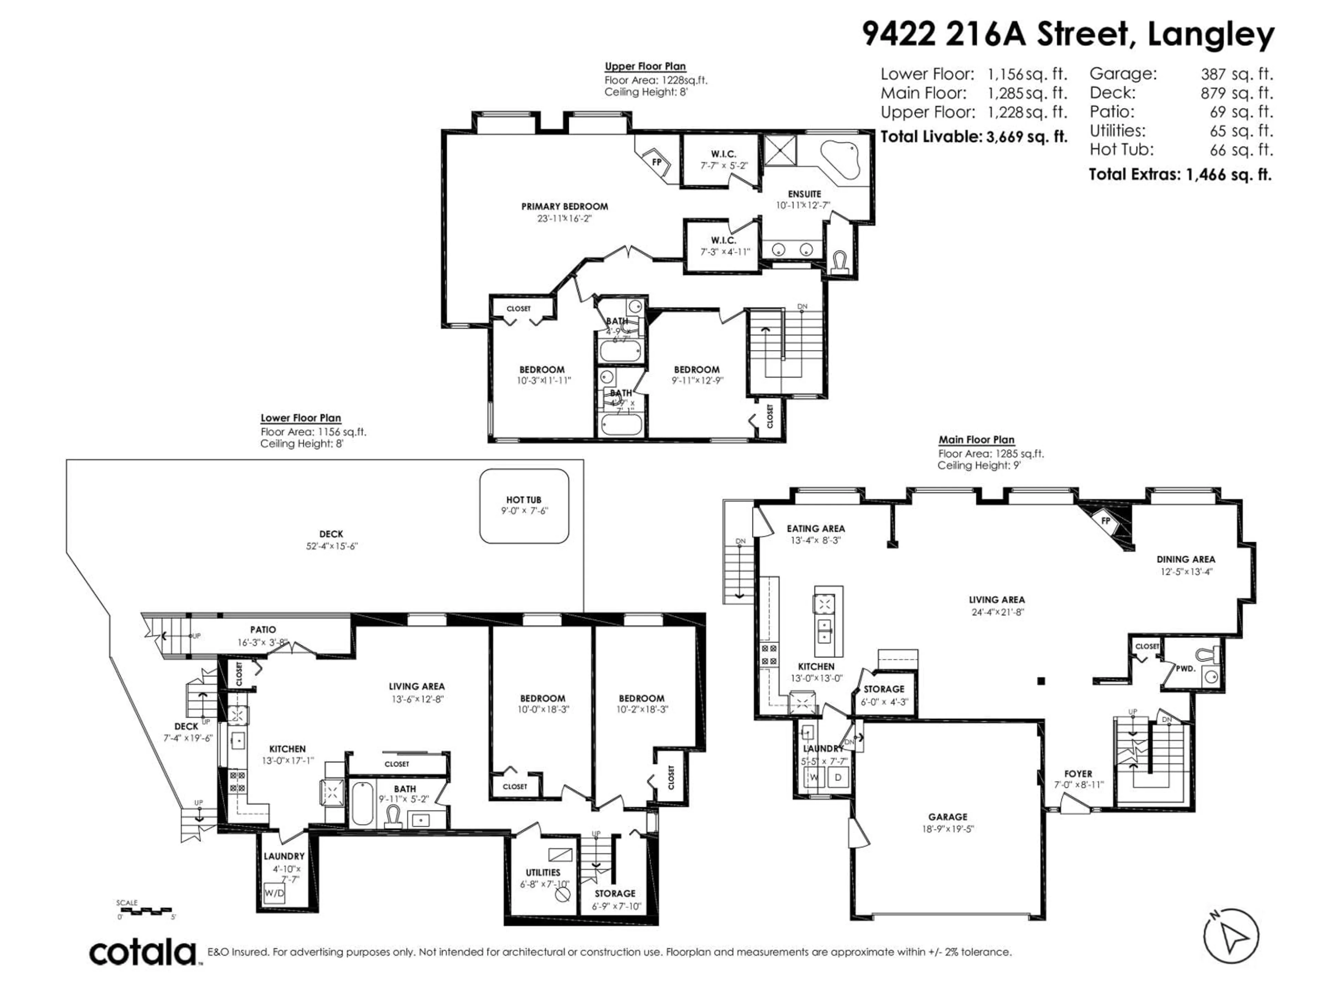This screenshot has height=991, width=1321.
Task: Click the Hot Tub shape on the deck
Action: coord(524,506)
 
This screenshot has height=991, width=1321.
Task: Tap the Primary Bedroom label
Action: coord(565,207)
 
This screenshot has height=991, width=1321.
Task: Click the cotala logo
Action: coord(143,952)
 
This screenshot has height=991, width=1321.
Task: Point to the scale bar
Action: coord(146,911)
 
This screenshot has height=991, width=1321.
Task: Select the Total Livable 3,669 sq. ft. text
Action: coord(974,137)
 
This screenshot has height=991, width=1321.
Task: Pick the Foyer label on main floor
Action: coord(1078,774)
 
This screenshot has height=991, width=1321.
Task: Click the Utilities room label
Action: coord(543,873)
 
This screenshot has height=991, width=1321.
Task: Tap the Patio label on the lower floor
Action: coord(263,630)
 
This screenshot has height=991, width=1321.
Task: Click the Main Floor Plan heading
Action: coord(976,440)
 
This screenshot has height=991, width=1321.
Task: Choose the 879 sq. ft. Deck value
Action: coord(1237,93)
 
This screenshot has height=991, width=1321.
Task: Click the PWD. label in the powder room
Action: coord(1185,669)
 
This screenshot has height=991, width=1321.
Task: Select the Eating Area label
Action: coord(815,529)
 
